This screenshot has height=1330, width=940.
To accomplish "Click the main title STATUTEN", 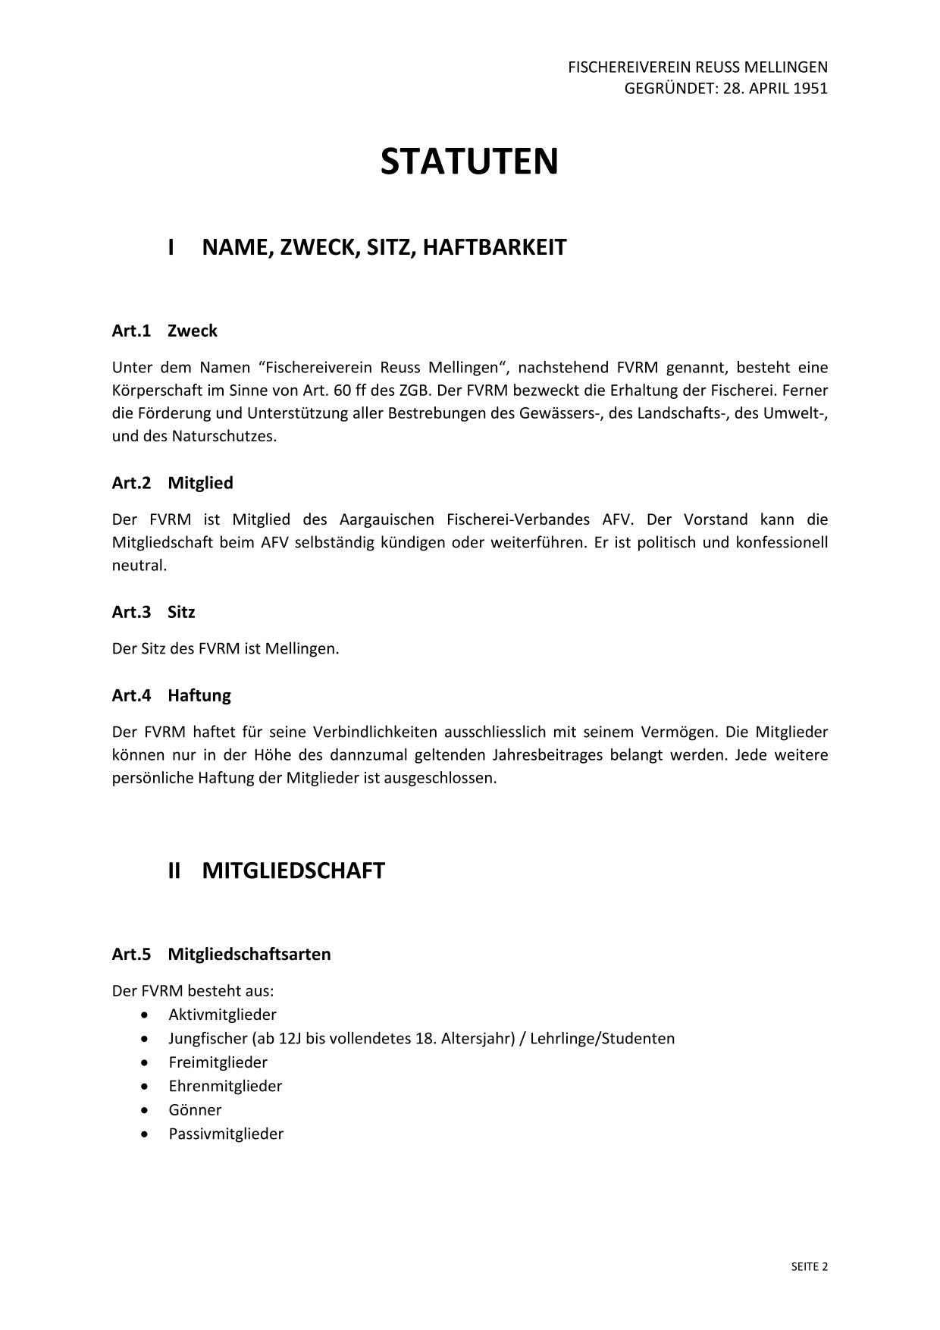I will click(x=469, y=162).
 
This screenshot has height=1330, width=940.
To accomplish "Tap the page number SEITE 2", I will click(x=810, y=1266).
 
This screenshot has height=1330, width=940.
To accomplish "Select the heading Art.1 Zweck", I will click(x=164, y=331).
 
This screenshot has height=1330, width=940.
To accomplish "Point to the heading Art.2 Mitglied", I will click(x=172, y=483).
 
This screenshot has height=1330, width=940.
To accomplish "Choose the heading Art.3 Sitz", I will click(x=153, y=612).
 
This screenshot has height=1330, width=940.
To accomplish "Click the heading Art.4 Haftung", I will click(x=171, y=695).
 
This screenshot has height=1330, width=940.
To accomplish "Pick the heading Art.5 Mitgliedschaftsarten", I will click(x=221, y=954).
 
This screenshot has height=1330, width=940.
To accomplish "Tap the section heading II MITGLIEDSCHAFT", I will click(x=277, y=870).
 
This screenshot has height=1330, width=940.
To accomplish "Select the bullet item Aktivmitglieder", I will click(x=222, y=1015).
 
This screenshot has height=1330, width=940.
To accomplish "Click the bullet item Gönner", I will click(x=195, y=1110).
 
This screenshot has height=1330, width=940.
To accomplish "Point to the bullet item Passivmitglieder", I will click(x=226, y=1134).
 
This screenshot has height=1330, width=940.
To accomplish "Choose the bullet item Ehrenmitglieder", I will click(x=225, y=1086).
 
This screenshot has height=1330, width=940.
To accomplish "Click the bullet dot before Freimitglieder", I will click(x=145, y=1062).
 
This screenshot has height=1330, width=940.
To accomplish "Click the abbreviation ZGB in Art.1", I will click(x=414, y=391).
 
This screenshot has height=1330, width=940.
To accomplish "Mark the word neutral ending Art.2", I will click(x=139, y=566).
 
